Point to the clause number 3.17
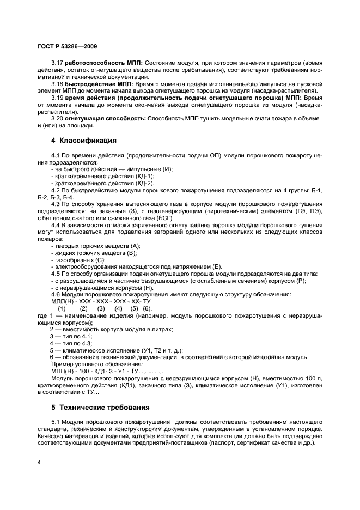57,63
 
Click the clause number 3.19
57,98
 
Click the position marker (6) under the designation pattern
148,308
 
